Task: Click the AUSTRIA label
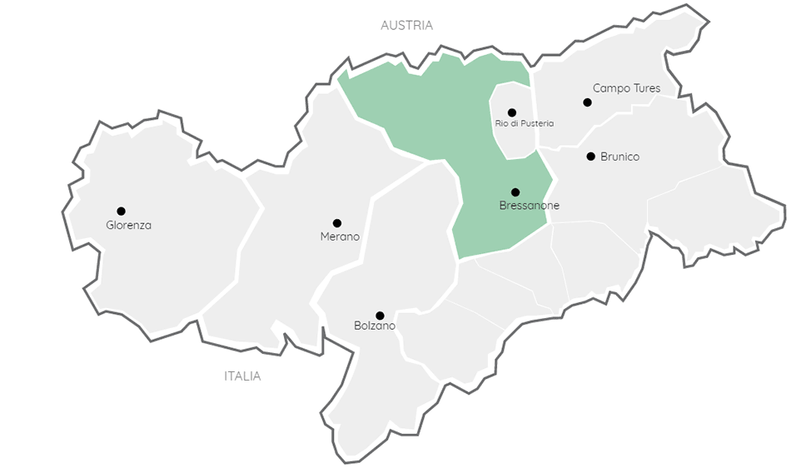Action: coord(406,26)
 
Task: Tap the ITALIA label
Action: coord(242,376)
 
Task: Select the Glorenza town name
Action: coord(129,225)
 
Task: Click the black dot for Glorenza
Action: coord(121,211)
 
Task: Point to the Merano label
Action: coord(340,236)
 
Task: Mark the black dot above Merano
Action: coord(337,223)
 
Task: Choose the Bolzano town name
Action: coord(375,326)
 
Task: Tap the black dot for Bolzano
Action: coord(380,316)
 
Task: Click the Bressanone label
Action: coord(529,206)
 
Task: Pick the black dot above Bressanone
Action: coord(515,192)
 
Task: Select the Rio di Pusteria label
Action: coord(524,123)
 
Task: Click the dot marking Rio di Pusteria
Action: coord(512,112)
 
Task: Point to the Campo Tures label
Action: coord(626,88)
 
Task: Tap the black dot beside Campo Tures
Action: coord(587,102)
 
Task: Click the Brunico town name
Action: coord(619,157)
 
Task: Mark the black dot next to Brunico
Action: coord(590,156)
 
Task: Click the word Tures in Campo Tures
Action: coord(644,88)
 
